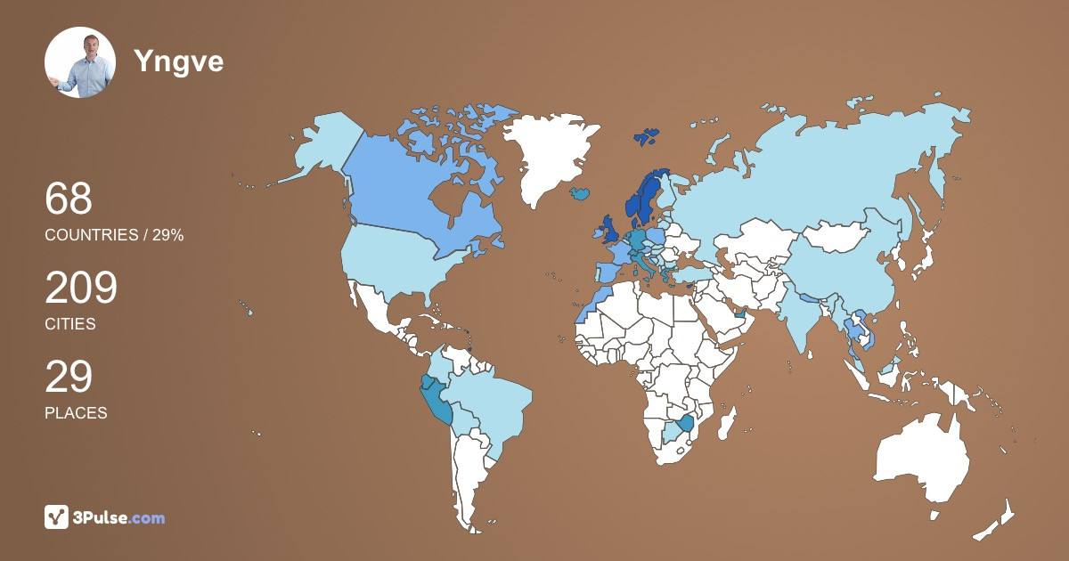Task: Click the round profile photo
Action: point(80,62)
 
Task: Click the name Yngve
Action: point(178,61)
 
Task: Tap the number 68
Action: point(69,199)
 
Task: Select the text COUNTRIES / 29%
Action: point(114,235)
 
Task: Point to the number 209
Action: point(81,288)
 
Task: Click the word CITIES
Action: point(70,324)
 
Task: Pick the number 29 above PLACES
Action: point(69,377)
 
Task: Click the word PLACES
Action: point(76,413)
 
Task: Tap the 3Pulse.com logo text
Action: point(119,517)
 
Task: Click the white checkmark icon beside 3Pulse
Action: point(56,517)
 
